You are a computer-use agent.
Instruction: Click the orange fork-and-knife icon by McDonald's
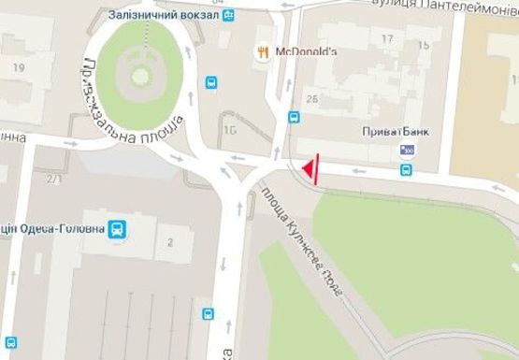point(264,51)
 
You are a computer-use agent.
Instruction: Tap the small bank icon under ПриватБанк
point(408,149)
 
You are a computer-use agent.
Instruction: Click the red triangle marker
point(307,169)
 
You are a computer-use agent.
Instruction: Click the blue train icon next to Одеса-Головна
point(117,228)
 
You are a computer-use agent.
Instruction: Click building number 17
point(387,38)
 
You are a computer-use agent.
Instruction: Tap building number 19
point(19,66)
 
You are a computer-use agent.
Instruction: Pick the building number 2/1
point(53,179)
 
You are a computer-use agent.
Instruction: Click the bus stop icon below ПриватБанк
point(406,170)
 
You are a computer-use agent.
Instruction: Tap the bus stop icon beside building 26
point(294,118)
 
